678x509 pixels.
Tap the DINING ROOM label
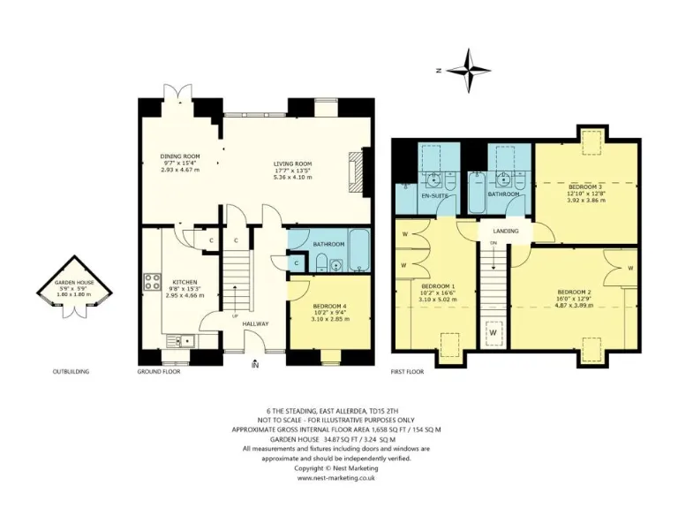[x=179, y=156]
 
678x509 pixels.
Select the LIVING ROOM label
[x=292, y=163]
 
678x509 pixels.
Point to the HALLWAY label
[x=257, y=323]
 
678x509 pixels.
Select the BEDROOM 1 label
[x=437, y=287]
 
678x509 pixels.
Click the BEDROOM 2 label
[x=574, y=292]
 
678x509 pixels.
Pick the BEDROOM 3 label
[x=585, y=187]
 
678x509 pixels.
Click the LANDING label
[x=506, y=232]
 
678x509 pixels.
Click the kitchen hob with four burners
[x=151, y=282]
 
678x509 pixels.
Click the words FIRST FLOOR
[x=407, y=372]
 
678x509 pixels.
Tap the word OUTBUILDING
[x=71, y=372]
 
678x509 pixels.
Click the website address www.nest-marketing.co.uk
[x=337, y=478]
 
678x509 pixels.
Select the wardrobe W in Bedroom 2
[x=630, y=266]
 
